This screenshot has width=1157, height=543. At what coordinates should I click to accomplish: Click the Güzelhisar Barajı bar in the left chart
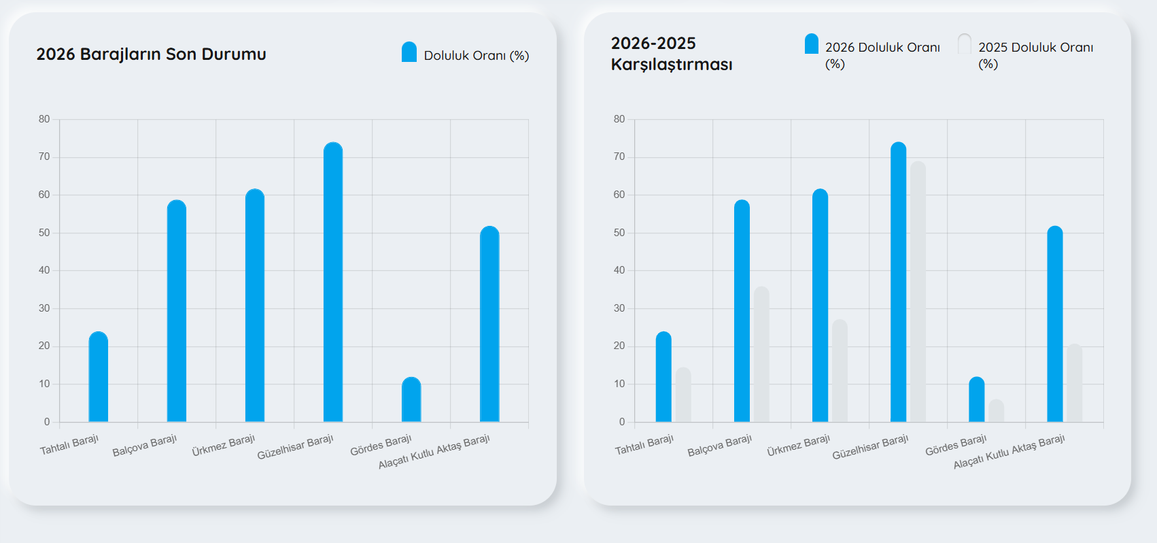click(333, 282)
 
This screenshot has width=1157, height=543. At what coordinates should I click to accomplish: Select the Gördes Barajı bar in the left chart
click(411, 400)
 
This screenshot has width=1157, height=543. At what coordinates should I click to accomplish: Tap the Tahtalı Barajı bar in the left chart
click(99, 378)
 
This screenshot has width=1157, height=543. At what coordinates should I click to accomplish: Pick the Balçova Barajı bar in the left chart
click(177, 311)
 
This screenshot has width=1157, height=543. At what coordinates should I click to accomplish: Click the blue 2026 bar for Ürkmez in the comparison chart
click(820, 306)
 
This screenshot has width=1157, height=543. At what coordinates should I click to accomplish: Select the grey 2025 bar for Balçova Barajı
click(761, 355)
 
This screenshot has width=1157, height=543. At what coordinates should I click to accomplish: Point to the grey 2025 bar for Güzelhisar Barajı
click(918, 293)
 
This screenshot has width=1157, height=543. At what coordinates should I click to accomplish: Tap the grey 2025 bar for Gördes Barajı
click(996, 411)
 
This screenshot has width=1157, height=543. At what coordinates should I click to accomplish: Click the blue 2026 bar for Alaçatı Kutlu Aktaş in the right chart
click(1055, 325)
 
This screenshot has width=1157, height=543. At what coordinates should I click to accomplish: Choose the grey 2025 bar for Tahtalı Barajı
click(683, 395)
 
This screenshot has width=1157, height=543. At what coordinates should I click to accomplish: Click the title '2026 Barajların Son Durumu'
click(151, 54)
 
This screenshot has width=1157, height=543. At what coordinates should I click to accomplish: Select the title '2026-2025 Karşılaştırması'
click(671, 54)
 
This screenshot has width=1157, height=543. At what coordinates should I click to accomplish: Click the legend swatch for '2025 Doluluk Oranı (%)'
click(965, 44)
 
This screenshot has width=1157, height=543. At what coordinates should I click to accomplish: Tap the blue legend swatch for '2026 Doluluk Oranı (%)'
click(811, 44)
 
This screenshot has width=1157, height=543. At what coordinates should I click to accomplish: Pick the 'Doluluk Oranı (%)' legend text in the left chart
click(476, 56)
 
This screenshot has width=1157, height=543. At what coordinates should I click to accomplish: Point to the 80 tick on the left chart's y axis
click(44, 119)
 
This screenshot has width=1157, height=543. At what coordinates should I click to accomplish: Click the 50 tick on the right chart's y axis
click(619, 233)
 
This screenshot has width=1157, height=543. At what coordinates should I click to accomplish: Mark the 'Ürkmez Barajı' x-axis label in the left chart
click(223, 446)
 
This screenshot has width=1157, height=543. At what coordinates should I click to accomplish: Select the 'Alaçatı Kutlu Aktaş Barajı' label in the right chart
click(1009, 451)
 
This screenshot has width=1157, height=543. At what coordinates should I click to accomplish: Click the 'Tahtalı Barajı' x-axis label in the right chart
click(644, 446)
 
